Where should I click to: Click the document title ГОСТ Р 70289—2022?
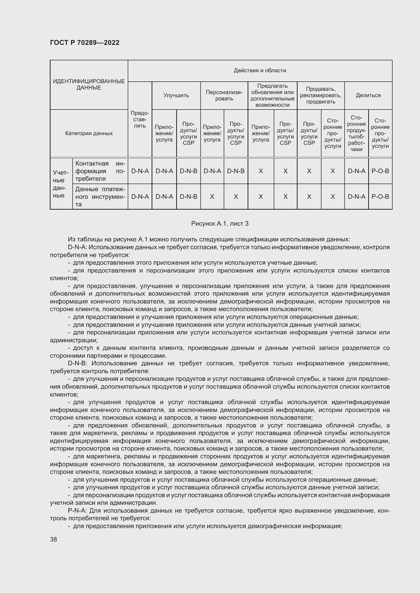coord(85,43)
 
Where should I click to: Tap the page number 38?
coord(54,539)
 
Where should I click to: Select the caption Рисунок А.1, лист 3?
coord(220,223)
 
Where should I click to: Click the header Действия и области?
coord(260,70)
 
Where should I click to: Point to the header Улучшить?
coord(176,95)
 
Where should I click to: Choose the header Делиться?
coord(368,95)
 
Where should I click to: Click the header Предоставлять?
coord(140,119)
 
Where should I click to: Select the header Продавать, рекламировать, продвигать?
coord(320,95)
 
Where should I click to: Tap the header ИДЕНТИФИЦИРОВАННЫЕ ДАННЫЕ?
coord(89,84)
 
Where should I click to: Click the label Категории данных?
coord(89,133)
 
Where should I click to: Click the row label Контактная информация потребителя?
coord(100,171)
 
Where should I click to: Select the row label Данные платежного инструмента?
coord(100,196)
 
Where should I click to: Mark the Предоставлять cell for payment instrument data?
coord(140,196)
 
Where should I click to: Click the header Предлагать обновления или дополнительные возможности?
coord(272,95)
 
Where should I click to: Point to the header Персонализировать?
coord(224,95)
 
